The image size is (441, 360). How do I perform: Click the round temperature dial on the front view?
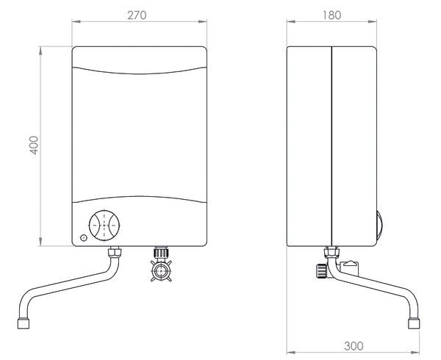click(x=104, y=224)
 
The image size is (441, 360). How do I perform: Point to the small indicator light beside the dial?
click(x=82, y=238)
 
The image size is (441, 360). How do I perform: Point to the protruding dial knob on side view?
click(x=378, y=224)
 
